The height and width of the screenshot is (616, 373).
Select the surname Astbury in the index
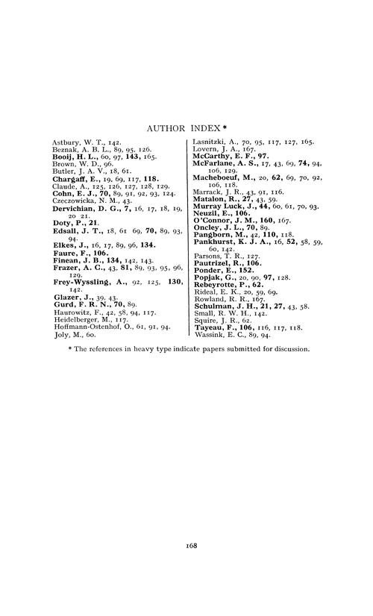point(65,140)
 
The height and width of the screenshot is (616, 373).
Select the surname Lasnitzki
point(210,140)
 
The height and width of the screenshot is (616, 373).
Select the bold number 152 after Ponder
point(234,267)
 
